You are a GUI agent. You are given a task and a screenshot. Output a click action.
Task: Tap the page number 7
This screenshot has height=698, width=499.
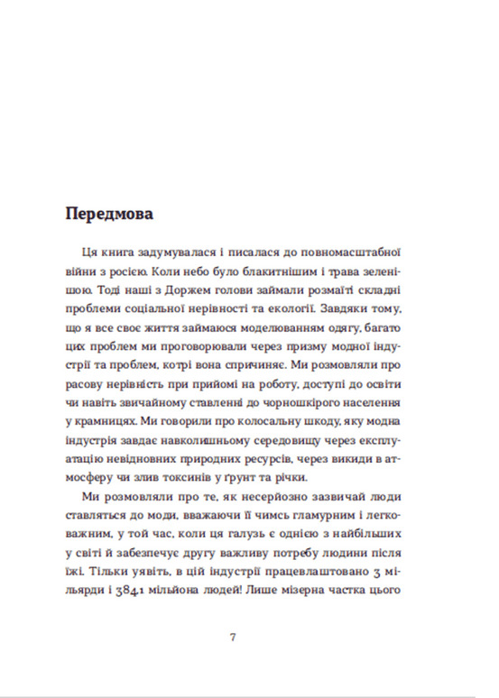[x=234, y=637]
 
